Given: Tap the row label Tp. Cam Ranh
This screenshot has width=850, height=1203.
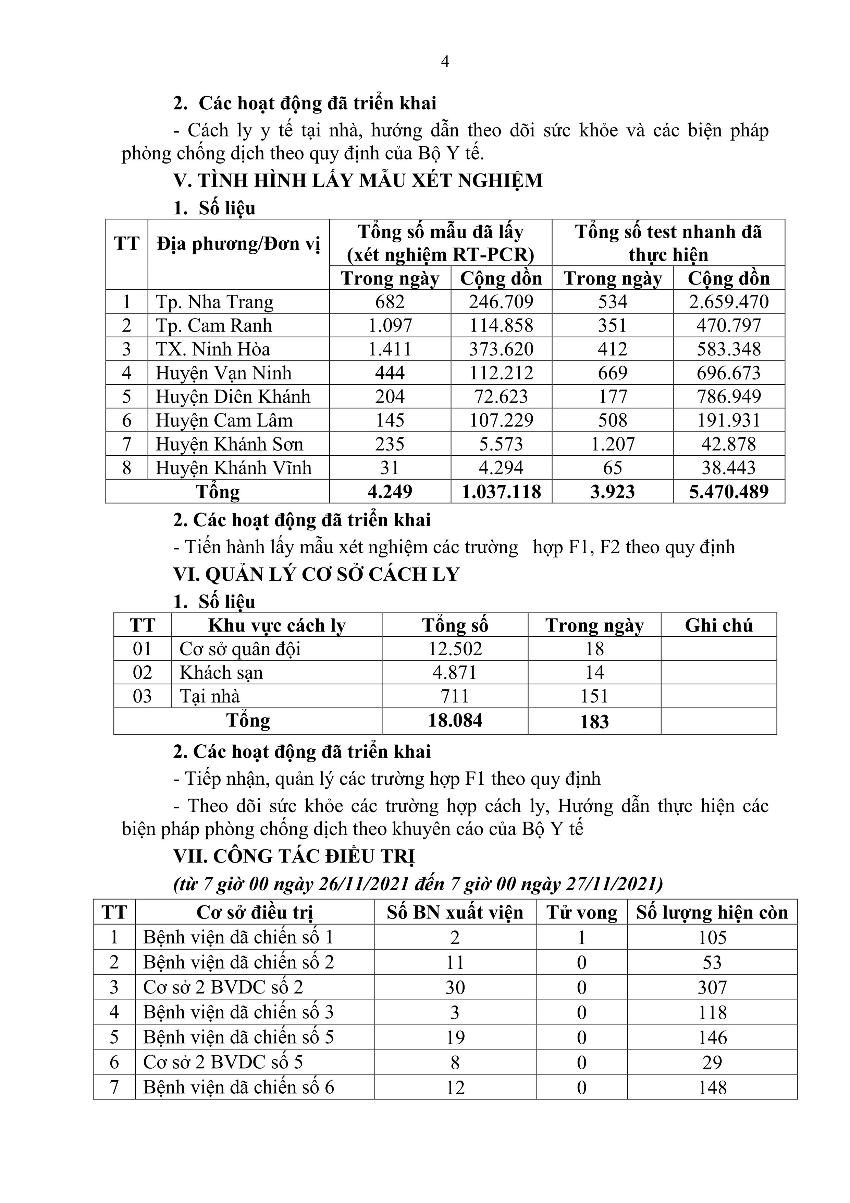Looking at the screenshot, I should (214, 325).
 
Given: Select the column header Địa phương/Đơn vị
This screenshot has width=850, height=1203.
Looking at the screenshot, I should (238, 244).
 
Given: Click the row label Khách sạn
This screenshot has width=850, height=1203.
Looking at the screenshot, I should (221, 673).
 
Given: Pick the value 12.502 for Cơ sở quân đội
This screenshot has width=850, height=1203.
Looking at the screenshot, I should (455, 649).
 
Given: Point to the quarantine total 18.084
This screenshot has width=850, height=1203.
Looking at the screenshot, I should (455, 720).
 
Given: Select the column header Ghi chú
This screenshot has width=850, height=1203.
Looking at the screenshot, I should (718, 626).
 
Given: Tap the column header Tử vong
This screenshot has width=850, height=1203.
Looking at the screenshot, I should (581, 913).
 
